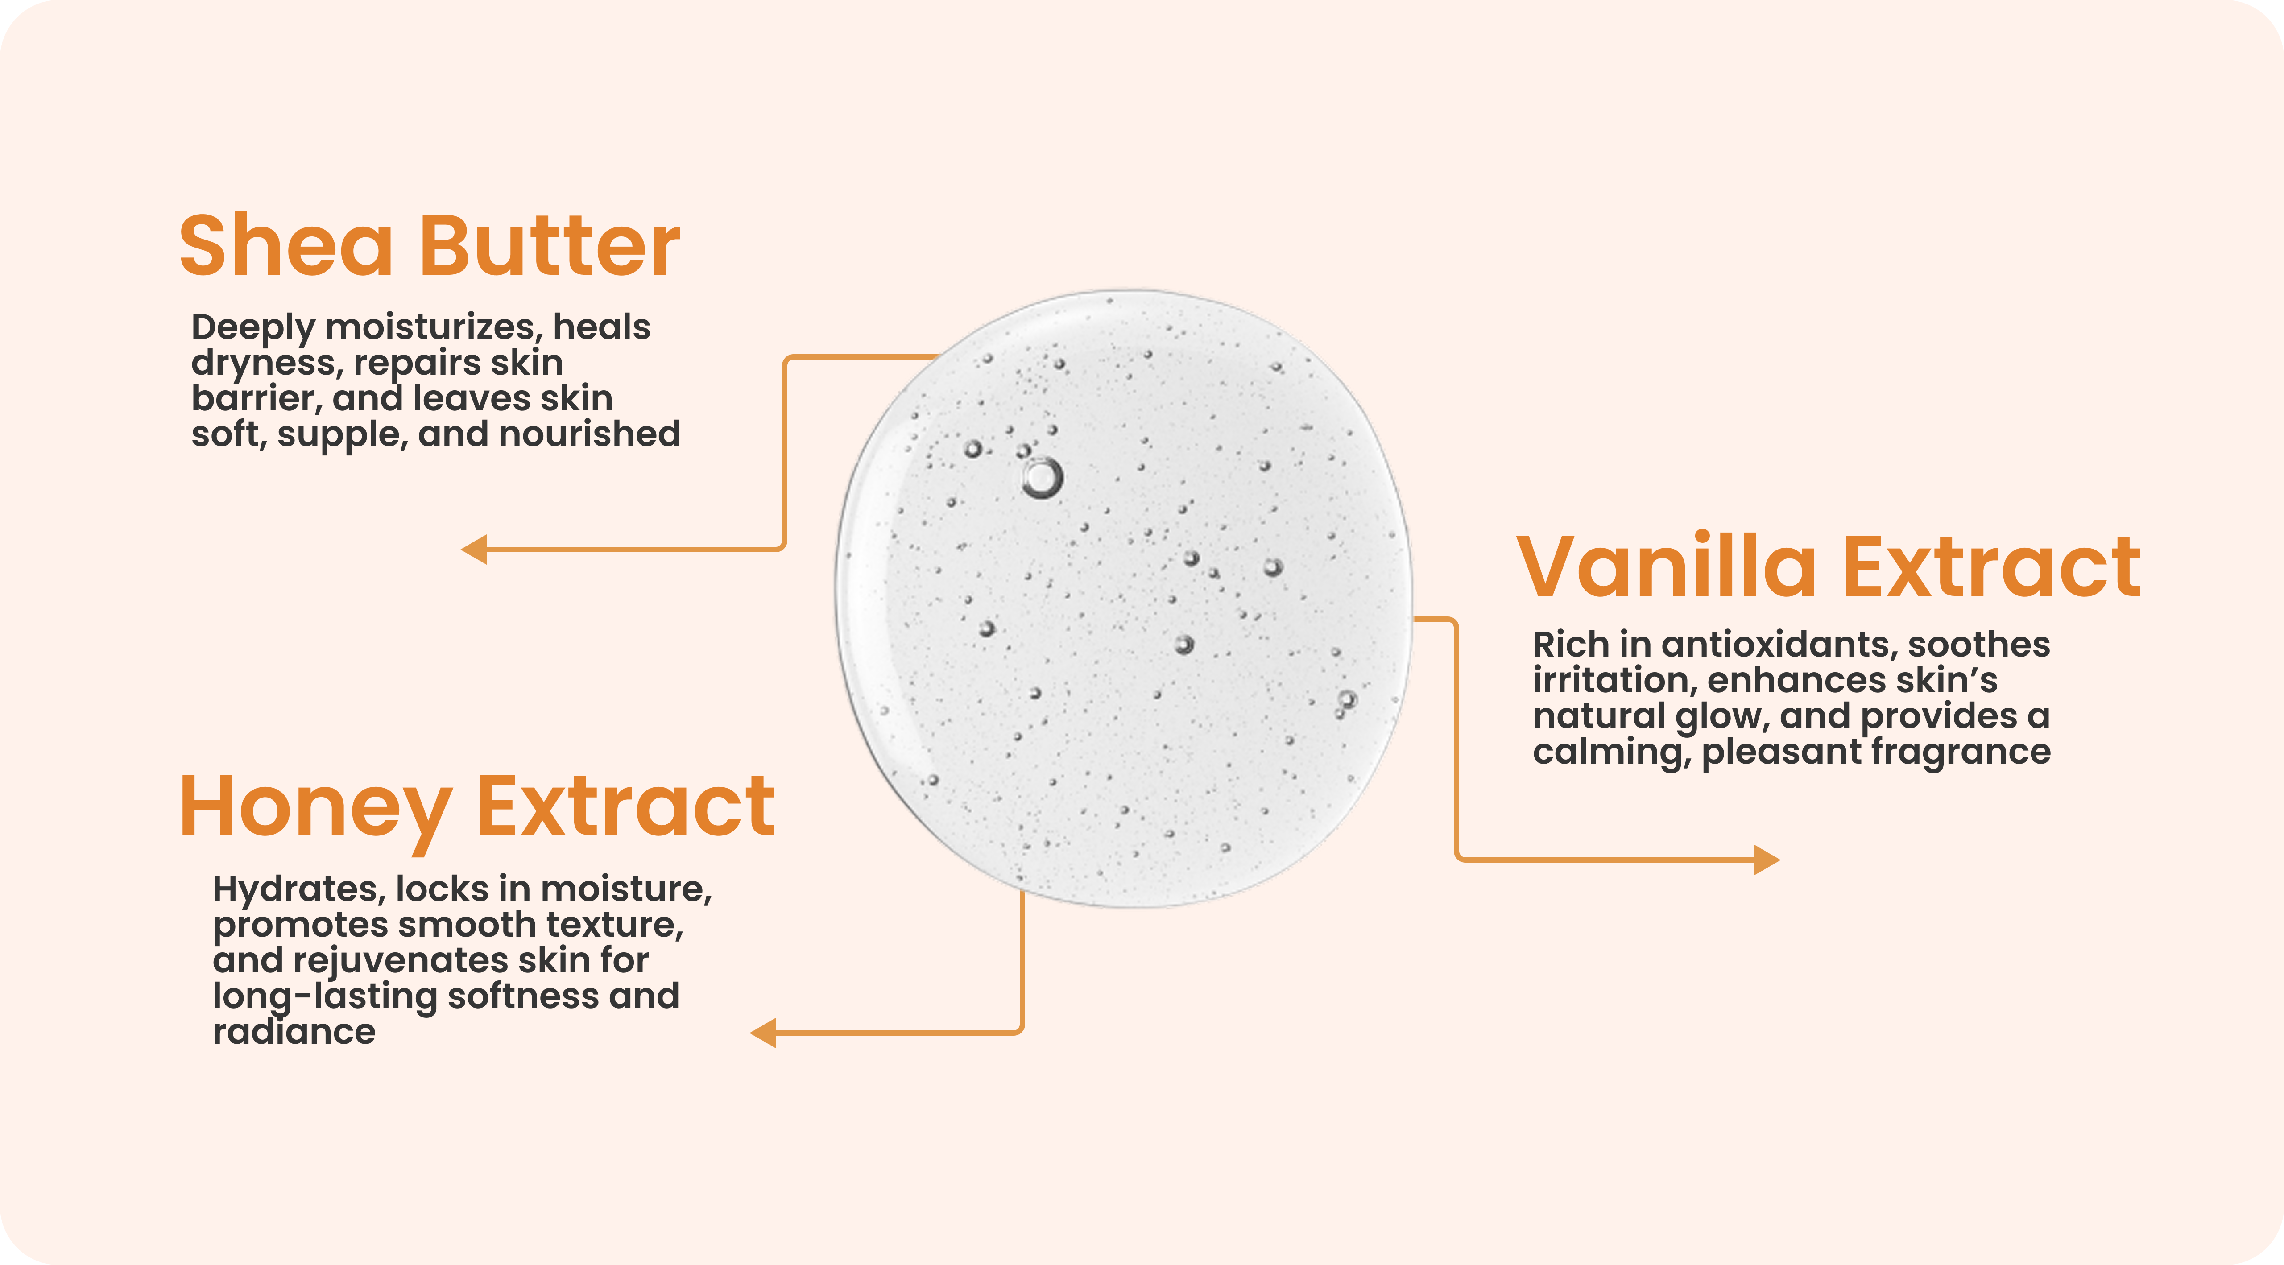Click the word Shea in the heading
[x=285, y=246]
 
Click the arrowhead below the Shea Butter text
[x=474, y=550]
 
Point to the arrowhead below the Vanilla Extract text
[x=1767, y=860]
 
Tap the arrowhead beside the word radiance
[x=763, y=1033]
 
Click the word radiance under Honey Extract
[x=294, y=1032]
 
